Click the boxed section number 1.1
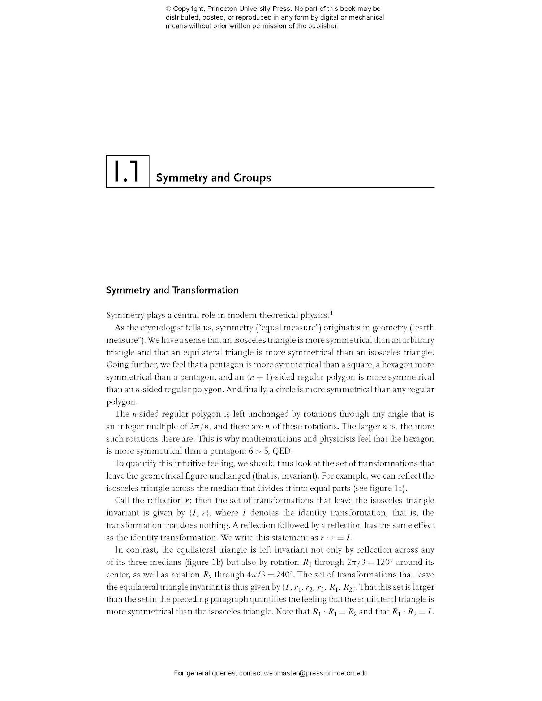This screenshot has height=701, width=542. pyautogui.click(x=127, y=172)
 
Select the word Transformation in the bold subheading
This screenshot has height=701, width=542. pyautogui.click(x=205, y=290)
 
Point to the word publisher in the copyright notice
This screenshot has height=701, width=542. pyautogui.click(x=323, y=26)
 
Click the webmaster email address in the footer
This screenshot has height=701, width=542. pyautogui.click(x=315, y=673)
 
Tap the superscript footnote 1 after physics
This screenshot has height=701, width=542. pyautogui.click(x=331, y=313)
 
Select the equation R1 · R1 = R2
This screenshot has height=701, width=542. pyautogui.click(x=335, y=612)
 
